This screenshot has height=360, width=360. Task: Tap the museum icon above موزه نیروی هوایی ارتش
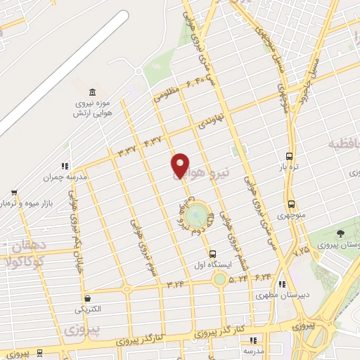pyautogui.click(x=92, y=93)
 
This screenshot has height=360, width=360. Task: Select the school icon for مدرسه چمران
pyautogui.click(x=64, y=166)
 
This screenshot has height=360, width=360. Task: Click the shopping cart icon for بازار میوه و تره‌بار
pyautogui.click(x=13, y=192)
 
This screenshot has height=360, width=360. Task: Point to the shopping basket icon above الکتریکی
pyautogui.click(x=86, y=297)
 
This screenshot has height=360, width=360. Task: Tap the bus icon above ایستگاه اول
pyautogui.click(x=212, y=254)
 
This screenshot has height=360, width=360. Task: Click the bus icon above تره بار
pyautogui.click(x=289, y=156)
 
